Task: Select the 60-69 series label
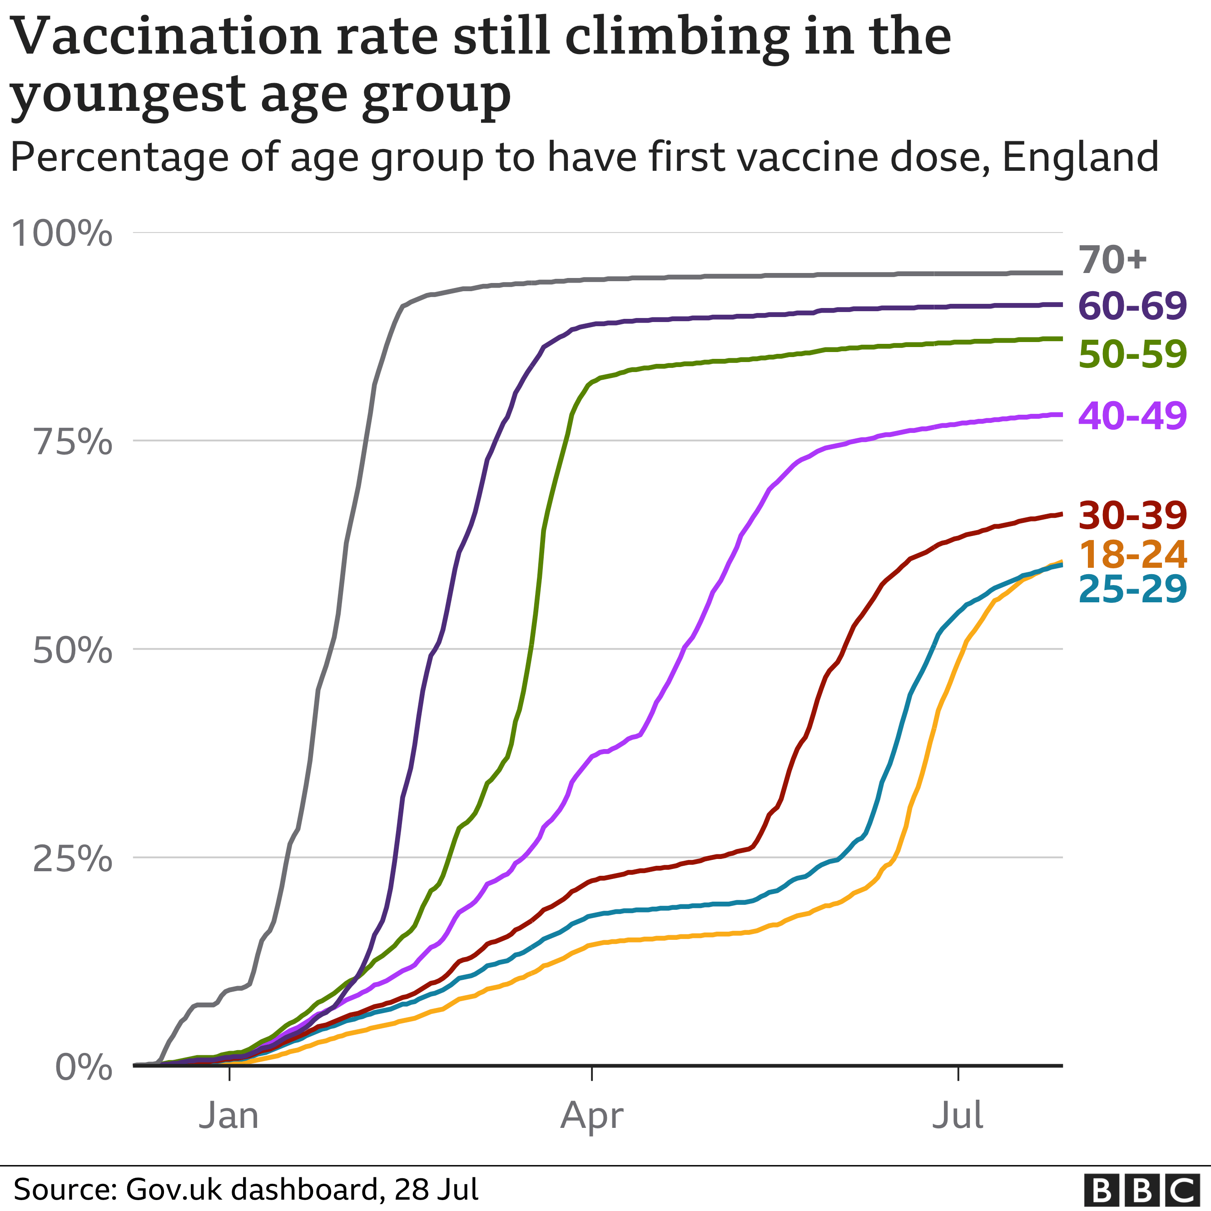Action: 1132,307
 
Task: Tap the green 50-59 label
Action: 1132,354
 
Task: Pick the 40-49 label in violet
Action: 1132,416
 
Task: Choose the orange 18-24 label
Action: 1132,554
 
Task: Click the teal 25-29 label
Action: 1132,589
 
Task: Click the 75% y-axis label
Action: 72,442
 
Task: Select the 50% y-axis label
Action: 72,650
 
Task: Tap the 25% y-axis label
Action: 72,859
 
